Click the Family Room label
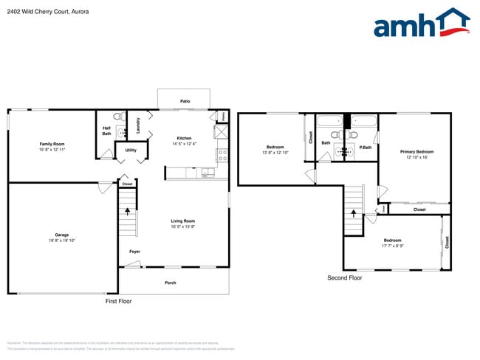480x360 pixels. click(x=52, y=144)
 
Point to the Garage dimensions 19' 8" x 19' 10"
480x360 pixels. click(x=62, y=240)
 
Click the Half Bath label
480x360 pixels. click(x=106, y=131)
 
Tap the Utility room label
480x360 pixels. click(x=131, y=150)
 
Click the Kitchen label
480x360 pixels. click(x=184, y=138)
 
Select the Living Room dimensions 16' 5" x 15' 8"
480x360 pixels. click(x=183, y=226)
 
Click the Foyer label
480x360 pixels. click(x=134, y=252)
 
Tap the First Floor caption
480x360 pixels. click(x=118, y=301)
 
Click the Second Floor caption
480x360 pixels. click(x=345, y=278)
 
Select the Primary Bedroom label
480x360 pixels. click(x=417, y=152)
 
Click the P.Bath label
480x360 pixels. click(x=365, y=148)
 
